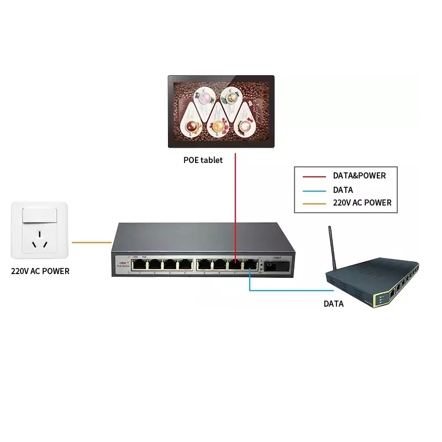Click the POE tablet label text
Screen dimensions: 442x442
point(203,160)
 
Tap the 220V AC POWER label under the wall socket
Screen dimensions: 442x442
point(40,271)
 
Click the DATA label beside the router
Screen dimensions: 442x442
point(334,303)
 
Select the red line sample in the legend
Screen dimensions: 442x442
point(314,177)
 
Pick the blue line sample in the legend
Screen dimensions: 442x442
point(314,190)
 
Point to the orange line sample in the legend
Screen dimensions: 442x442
point(314,203)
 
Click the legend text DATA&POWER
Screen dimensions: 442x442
point(359,176)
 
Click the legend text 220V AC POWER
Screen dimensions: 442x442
point(362,203)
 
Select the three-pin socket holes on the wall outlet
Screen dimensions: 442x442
point(39,241)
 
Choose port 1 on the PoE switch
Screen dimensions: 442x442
point(140,265)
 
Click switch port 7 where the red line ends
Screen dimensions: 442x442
point(236,264)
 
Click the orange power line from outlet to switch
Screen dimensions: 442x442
point(92,242)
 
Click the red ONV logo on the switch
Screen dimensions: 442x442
point(121,264)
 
